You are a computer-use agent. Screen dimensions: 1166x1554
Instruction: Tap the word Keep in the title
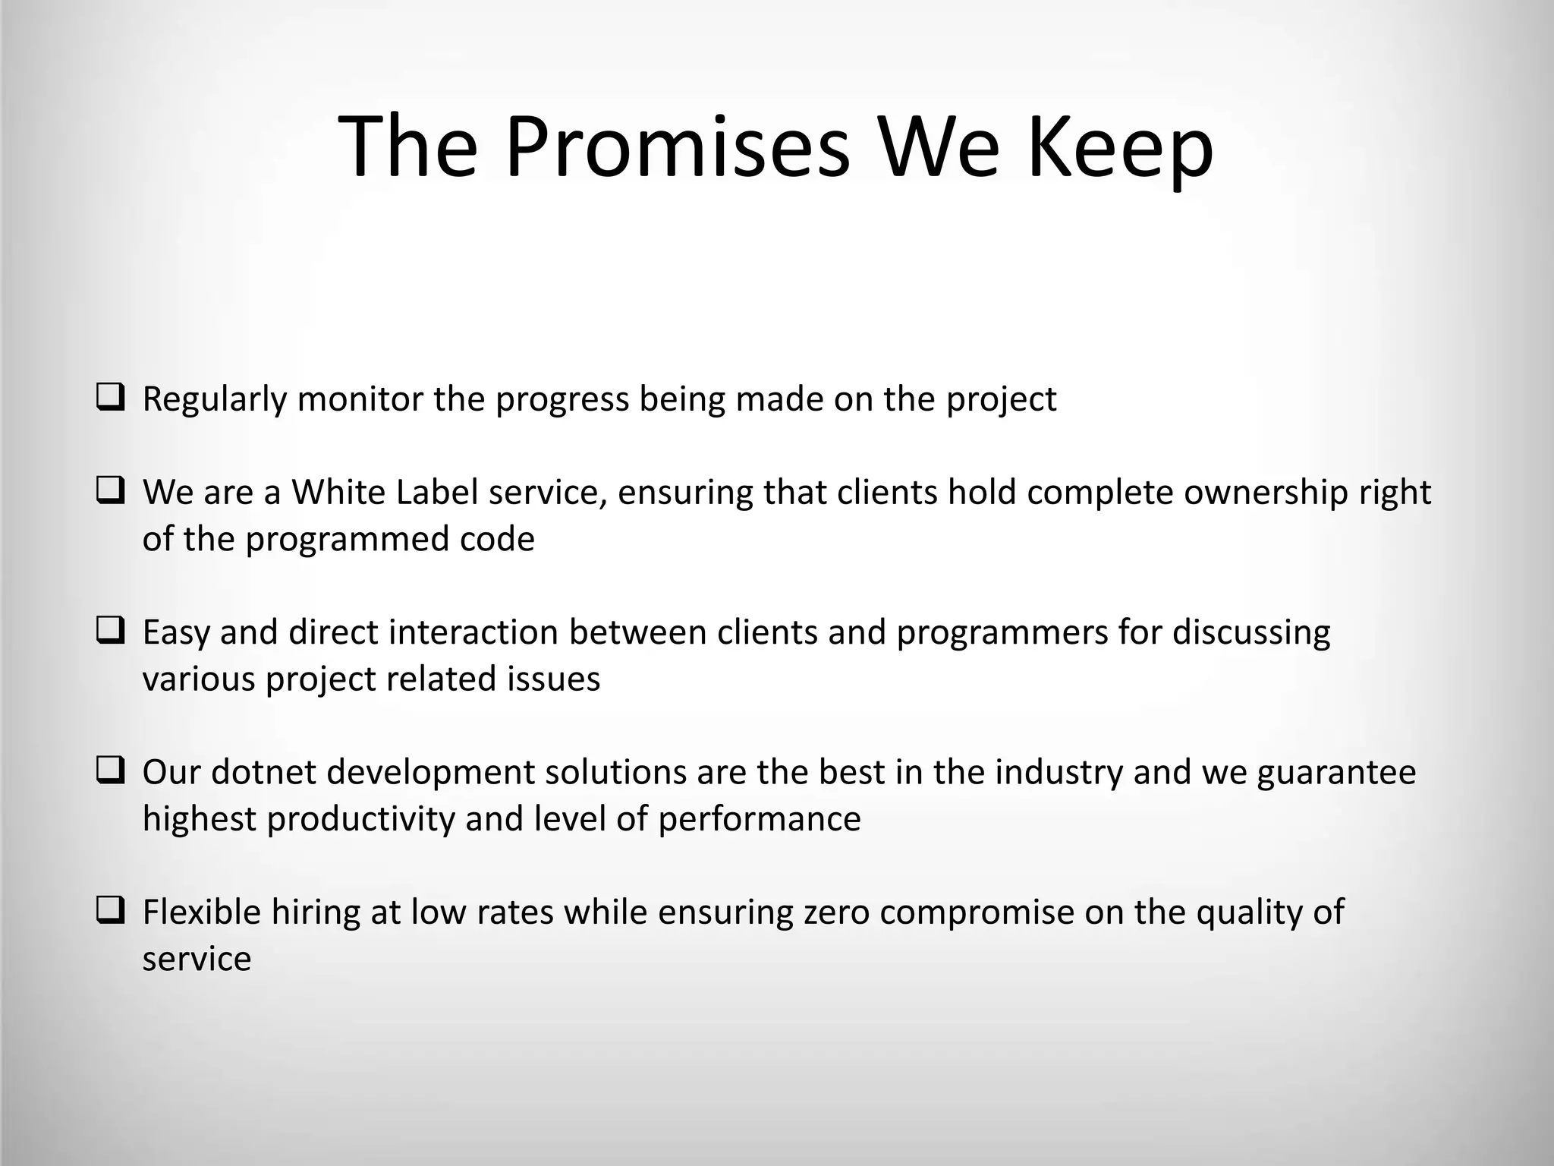[x=1120, y=146]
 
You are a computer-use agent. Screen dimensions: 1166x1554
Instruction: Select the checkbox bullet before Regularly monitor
[x=111, y=398]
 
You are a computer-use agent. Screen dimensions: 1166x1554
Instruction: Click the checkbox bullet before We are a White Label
[x=111, y=491]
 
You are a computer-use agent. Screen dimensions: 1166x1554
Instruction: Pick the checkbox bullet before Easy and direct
[x=111, y=631]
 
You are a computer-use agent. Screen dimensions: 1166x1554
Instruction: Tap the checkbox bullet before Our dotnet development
[x=111, y=771]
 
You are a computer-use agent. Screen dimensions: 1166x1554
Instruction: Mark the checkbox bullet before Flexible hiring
[x=111, y=911]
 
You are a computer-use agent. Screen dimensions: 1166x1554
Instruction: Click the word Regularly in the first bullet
[x=215, y=399]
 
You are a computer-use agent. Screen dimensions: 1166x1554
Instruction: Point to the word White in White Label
[x=339, y=492]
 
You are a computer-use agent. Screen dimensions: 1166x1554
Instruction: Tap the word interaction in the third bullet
[x=473, y=632]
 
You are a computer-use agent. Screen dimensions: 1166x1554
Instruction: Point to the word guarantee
[x=1336, y=773]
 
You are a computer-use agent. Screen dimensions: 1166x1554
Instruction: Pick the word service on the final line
[x=197, y=959]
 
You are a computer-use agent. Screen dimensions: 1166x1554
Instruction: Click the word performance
[x=759, y=819]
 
